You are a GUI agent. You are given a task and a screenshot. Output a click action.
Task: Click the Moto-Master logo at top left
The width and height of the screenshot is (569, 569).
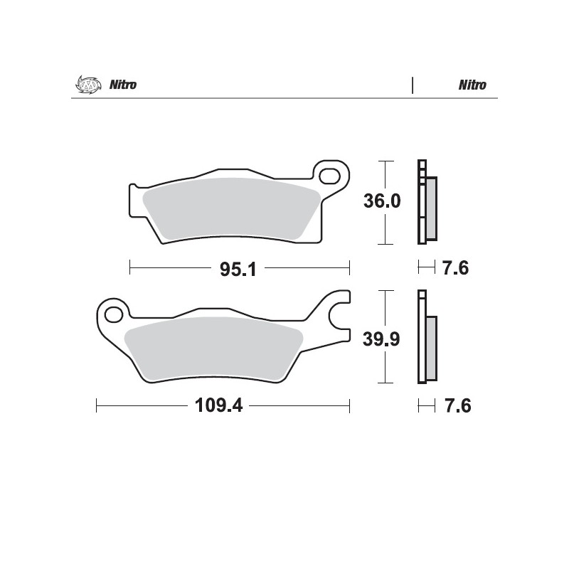point(85,85)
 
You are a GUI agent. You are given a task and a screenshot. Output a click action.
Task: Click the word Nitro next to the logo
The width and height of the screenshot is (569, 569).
point(122,85)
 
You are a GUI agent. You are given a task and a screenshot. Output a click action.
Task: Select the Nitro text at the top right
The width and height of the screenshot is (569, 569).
point(472,85)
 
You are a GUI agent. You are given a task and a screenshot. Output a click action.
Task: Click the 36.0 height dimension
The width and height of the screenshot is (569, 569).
point(382,201)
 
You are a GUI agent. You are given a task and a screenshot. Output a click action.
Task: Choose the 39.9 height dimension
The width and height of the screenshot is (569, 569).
point(382,339)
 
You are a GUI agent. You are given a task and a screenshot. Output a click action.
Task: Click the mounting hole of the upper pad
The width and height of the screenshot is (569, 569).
point(329,174)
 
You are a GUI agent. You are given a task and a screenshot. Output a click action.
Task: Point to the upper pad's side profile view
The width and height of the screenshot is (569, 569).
point(427,203)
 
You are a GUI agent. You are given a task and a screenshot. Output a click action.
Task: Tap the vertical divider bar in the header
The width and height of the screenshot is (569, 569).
point(413,85)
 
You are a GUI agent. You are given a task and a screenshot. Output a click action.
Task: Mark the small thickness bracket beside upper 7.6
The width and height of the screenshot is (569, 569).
point(426,267)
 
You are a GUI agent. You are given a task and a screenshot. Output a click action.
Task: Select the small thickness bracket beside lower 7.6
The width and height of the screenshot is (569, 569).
point(426,406)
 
